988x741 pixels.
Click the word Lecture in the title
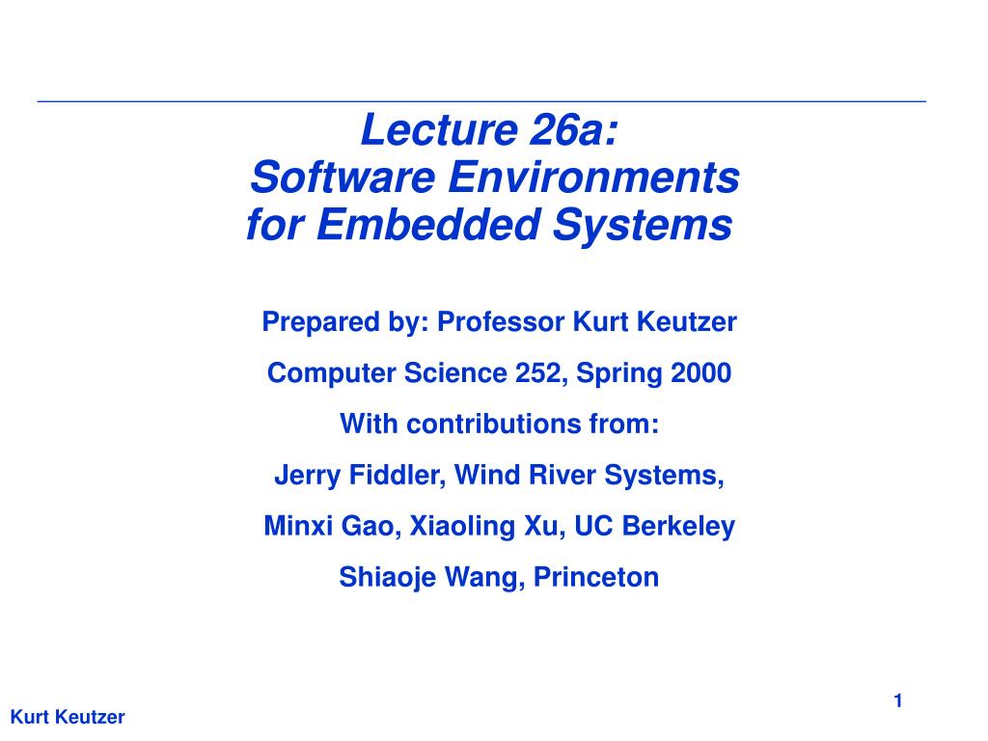pos(439,130)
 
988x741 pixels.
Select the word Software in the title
pos(343,178)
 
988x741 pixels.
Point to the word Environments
pos(593,178)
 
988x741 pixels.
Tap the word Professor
pos(501,322)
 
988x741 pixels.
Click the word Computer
pos(332,373)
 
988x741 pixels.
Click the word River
pos(562,475)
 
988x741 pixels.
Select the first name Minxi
pos(297,526)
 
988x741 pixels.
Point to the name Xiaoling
pos(462,527)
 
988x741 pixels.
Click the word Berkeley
pos(678,527)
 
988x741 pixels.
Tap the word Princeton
pos(596,577)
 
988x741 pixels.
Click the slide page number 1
pos(898,700)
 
